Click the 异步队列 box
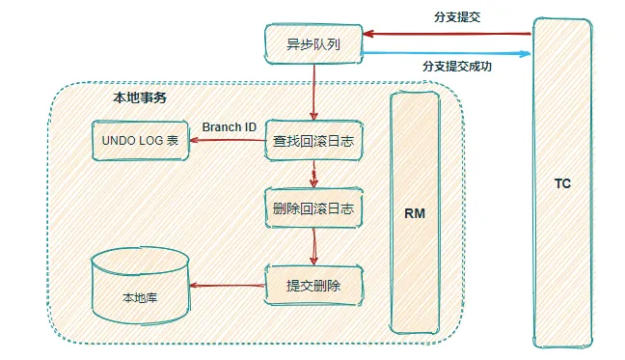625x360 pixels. pos(312,43)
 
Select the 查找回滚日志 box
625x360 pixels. pos(313,141)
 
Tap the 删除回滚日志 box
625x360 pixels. pos(312,208)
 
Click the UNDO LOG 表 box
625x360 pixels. pos(139,141)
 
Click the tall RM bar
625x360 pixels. pos(415,212)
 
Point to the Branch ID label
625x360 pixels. pos(229,127)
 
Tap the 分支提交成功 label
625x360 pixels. pos(455,67)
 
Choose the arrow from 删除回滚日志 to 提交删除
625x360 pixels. pos(312,246)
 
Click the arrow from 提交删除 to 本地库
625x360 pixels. pos(228,286)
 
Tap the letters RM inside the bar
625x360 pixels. pos(415,212)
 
